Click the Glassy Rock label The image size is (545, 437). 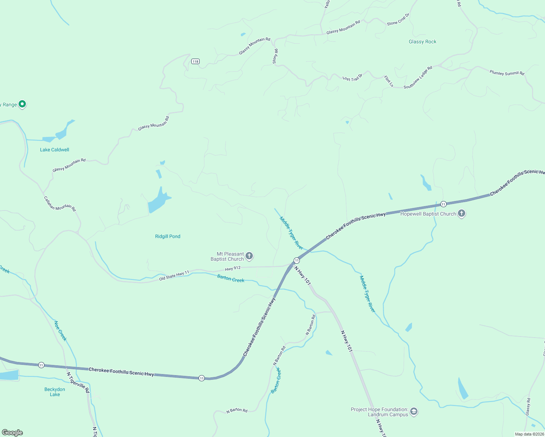coord(422,42)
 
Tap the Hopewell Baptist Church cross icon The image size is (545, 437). coord(462,213)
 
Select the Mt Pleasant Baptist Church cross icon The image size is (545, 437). coord(249,256)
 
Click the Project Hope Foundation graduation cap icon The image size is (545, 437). coord(413,412)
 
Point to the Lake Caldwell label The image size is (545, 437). coord(55,150)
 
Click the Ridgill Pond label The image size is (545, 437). coord(168,236)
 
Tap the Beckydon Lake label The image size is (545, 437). coord(55,392)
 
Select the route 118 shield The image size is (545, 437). coord(196,62)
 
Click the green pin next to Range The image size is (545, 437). coord(22,104)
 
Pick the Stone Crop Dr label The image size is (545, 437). coord(398,19)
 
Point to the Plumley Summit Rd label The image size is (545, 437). coord(507,73)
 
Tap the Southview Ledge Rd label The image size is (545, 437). coord(418,77)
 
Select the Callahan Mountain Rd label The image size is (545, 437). coord(60,204)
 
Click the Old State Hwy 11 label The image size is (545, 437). coord(174,275)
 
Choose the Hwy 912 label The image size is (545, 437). coord(233,268)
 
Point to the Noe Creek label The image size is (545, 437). coord(60,331)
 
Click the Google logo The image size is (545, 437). coord(12,433)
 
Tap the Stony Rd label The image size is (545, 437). coord(275,56)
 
